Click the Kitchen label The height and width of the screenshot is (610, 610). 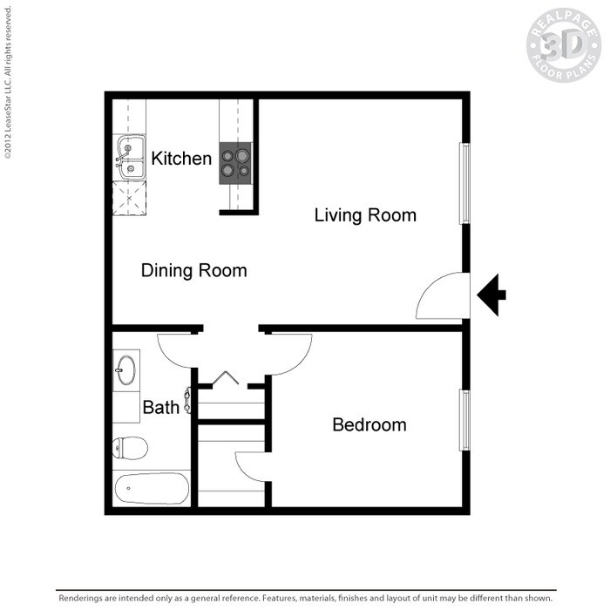[181, 159]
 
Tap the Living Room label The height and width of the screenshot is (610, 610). [365, 215]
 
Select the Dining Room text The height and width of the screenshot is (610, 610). [193, 271]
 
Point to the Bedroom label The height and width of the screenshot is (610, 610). [369, 425]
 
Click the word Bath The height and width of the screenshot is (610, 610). [160, 407]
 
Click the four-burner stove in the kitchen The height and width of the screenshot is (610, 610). [235, 163]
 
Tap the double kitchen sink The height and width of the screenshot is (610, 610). [130, 158]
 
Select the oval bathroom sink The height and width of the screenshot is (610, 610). [125, 369]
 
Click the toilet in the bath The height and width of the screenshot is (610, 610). [128, 449]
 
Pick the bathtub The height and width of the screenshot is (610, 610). [151, 489]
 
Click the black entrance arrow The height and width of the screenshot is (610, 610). [491, 295]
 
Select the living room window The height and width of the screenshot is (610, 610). [465, 183]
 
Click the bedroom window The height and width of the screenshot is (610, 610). [465, 420]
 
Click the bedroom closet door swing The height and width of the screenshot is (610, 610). [250, 465]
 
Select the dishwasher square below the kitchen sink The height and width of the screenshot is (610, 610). [130, 200]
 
